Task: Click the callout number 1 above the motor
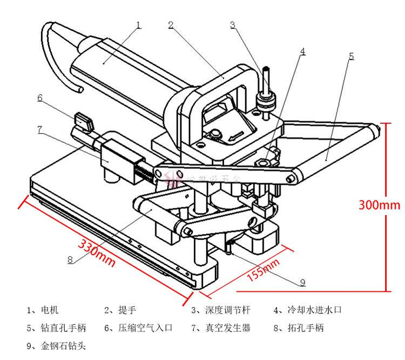click(x=139, y=25)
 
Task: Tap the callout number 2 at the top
click(x=170, y=25)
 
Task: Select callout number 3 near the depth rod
click(x=233, y=25)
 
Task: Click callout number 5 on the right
click(x=351, y=56)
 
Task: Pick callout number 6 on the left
click(x=40, y=98)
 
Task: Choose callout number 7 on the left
click(x=40, y=129)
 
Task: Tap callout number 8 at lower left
click(x=70, y=259)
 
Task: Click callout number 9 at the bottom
click(x=302, y=282)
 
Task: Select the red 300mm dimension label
click(x=380, y=205)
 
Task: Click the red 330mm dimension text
click(x=98, y=251)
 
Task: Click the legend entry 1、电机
click(x=43, y=310)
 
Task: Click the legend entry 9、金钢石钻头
click(x=56, y=345)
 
